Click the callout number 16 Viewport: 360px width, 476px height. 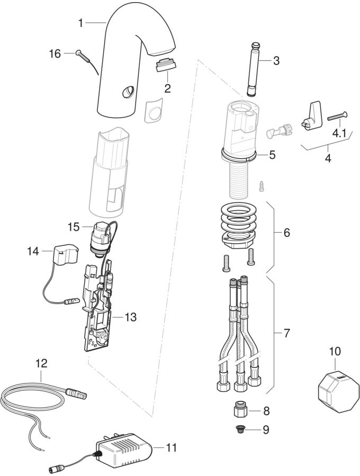55,53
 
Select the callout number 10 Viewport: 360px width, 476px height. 335,351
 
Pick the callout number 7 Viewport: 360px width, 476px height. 286,334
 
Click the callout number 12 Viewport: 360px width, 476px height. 41,363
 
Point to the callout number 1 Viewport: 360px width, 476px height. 80,23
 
